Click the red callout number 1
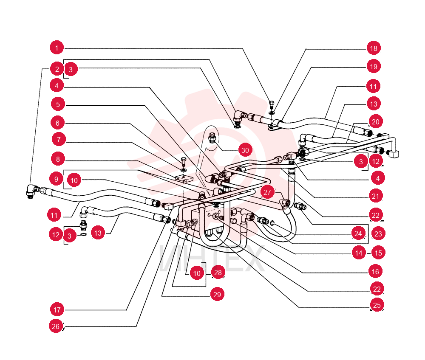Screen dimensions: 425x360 (x=57, y=48)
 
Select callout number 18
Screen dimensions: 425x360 (x=374, y=48)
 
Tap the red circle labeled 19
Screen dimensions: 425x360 (x=374, y=66)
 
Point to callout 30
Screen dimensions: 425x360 (x=245, y=150)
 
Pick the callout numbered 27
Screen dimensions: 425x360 (x=267, y=192)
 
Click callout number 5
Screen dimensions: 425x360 (x=58, y=104)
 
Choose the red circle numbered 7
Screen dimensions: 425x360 (x=59, y=140)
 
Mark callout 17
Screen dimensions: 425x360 (x=57, y=309)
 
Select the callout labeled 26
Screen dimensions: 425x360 (x=56, y=326)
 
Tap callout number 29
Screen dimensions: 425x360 (x=217, y=294)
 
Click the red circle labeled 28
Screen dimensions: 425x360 (x=218, y=273)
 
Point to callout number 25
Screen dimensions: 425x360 (x=377, y=305)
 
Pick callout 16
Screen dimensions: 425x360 (x=375, y=272)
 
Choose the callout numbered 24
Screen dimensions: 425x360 (x=358, y=233)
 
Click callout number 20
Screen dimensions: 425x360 (x=375, y=122)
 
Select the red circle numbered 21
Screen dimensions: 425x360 (x=375, y=196)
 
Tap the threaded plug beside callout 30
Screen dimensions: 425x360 (x=212, y=138)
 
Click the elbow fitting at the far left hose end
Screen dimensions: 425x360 (x=32, y=191)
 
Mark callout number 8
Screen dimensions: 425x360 (x=58, y=159)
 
